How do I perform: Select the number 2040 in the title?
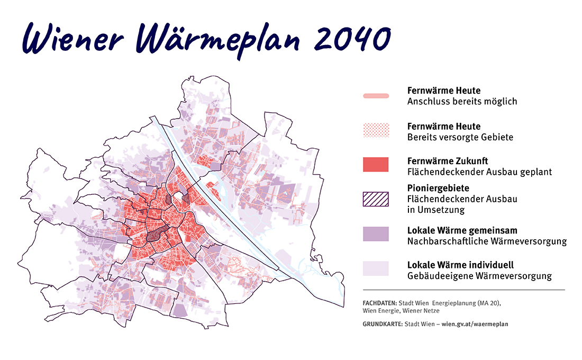tap(349, 38)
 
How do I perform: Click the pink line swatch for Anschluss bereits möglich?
tap(376, 96)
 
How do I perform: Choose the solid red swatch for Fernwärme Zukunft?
tap(376, 165)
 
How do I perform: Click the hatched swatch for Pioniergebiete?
tap(376, 199)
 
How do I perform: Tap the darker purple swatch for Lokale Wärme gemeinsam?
tap(376, 234)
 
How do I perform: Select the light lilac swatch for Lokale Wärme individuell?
tap(376, 268)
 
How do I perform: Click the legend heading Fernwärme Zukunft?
tap(448, 160)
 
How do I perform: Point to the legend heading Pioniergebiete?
tap(438, 188)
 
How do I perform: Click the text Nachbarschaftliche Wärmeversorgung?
tap(487, 241)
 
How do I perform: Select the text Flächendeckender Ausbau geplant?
tap(479, 172)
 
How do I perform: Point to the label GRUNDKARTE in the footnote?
tap(383, 323)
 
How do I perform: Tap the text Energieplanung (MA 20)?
tap(466, 303)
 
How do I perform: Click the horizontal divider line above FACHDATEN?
tap(463, 290)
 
